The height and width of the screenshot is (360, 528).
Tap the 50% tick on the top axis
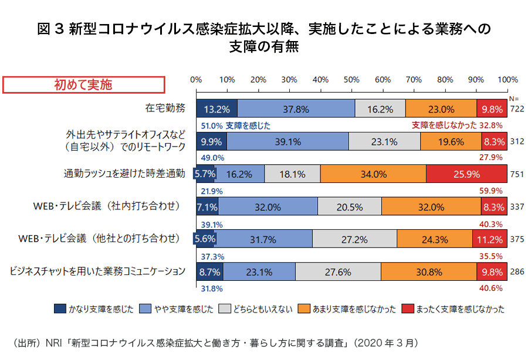[352, 80]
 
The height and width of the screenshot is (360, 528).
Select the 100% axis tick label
[507, 80]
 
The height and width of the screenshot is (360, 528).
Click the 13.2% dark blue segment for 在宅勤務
[216, 108]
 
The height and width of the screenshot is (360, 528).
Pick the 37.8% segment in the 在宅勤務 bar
[296, 108]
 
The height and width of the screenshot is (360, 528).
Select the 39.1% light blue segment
[287, 141]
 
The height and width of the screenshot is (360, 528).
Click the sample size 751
[517, 174]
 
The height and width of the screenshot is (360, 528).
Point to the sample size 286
[517, 272]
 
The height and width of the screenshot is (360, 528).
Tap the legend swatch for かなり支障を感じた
[60, 308]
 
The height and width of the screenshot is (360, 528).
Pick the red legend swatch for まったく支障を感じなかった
[407, 308]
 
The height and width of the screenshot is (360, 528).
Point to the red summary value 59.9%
[490, 191]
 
